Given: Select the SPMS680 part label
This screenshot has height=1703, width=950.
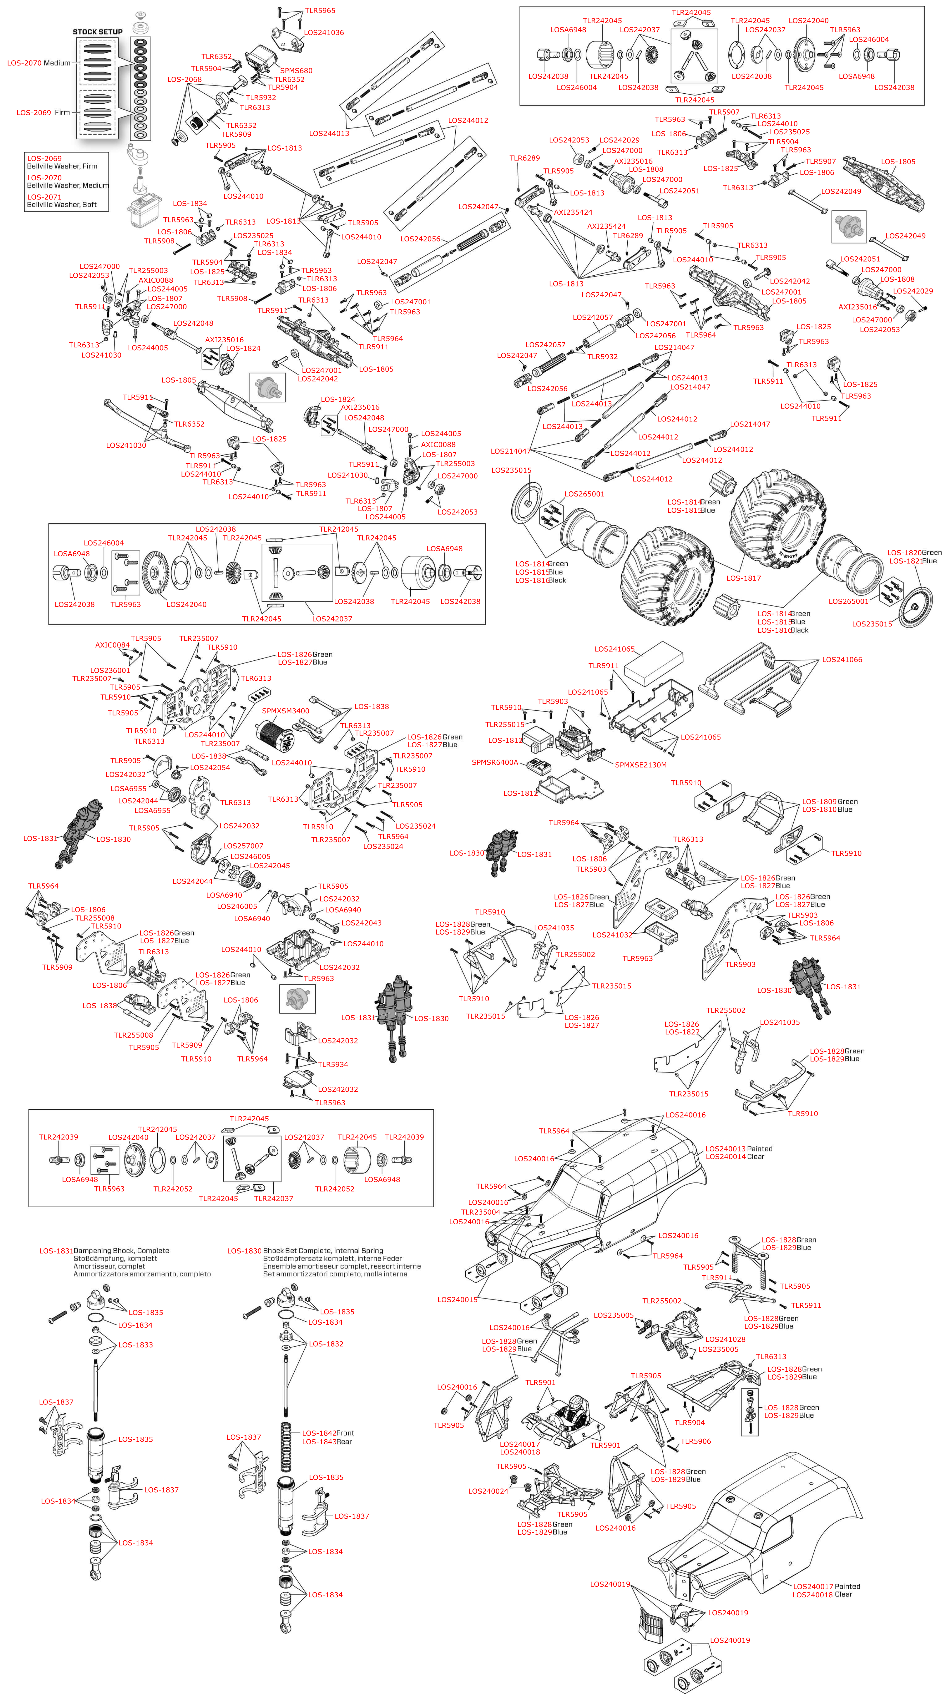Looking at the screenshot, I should [x=296, y=71].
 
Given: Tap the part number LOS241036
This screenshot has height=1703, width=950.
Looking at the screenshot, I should [x=324, y=32].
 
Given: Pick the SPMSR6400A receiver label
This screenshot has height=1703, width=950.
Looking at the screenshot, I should [x=495, y=762].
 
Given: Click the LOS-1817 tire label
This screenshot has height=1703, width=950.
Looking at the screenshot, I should [x=743, y=578].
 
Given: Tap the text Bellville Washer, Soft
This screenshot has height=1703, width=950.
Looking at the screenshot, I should [x=61, y=205].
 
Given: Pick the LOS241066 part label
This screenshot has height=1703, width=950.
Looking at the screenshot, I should [x=842, y=660].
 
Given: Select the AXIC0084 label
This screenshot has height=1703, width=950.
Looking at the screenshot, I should [x=112, y=645].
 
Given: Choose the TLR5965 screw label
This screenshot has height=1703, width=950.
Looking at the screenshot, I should [x=320, y=11].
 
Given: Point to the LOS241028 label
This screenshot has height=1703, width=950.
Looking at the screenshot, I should [x=725, y=1339].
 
